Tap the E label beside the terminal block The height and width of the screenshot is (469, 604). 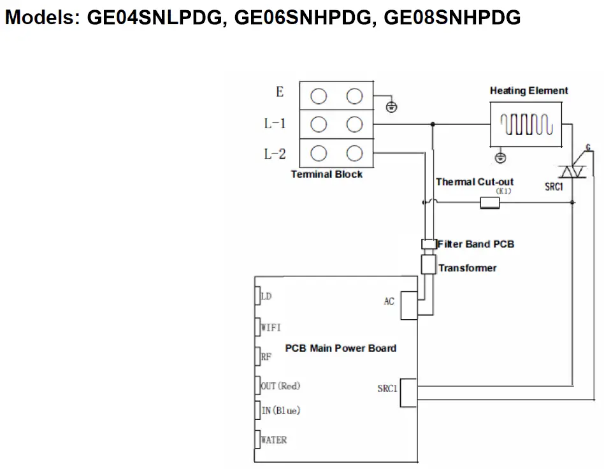(279, 92)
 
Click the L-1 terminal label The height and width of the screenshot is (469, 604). (275, 124)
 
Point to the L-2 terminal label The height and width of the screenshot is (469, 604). (275, 154)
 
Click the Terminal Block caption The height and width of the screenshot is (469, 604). (326, 175)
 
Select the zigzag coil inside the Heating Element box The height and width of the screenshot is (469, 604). (526, 125)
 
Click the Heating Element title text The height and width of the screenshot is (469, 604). (528, 91)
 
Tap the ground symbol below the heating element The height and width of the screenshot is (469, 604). (501, 156)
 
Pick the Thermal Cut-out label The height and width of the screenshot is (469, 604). (474, 182)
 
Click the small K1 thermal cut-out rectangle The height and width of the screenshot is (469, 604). (489, 203)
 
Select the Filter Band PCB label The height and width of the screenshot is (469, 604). (475, 244)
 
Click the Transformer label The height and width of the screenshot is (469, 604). (467, 268)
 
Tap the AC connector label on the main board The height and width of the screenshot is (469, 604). (389, 301)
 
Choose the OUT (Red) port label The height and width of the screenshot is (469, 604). (281, 386)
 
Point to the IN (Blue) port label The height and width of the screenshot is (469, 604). (281, 410)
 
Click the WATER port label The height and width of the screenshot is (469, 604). (274, 440)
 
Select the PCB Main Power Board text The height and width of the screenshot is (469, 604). (340, 348)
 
